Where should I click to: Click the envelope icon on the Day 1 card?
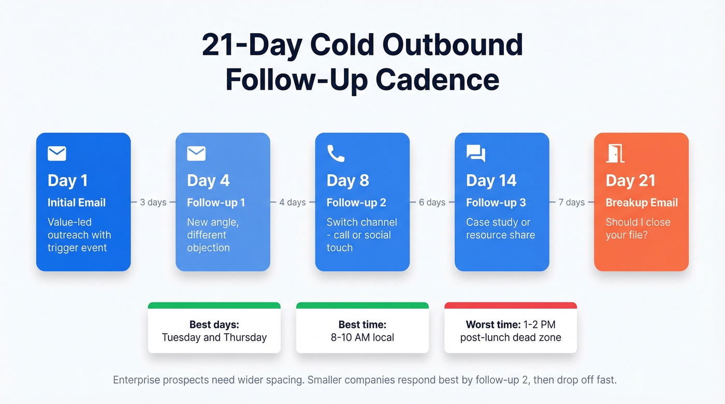(x=57, y=154)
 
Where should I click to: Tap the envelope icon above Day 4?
(x=196, y=154)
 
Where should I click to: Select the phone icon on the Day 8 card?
(x=336, y=153)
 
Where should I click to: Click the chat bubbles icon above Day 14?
(x=475, y=154)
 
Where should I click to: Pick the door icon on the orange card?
(x=615, y=153)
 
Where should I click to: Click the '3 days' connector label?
(x=153, y=202)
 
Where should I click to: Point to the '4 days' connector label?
(x=293, y=202)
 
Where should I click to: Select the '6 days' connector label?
(x=432, y=202)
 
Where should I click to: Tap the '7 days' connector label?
(x=572, y=202)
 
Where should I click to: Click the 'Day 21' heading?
(x=630, y=181)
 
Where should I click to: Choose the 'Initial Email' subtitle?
(x=77, y=203)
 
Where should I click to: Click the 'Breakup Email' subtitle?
(x=642, y=203)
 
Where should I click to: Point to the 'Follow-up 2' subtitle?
(x=356, y=203)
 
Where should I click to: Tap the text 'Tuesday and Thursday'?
(x=214, y=338)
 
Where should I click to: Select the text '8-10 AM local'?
(x=363, y=338)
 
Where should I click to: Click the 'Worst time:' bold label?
(x=492, y=325)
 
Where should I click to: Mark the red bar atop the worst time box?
(x=511, y=306)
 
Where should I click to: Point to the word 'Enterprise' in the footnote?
(x=136, y=380)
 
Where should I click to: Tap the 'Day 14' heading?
(x=491, y=181)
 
